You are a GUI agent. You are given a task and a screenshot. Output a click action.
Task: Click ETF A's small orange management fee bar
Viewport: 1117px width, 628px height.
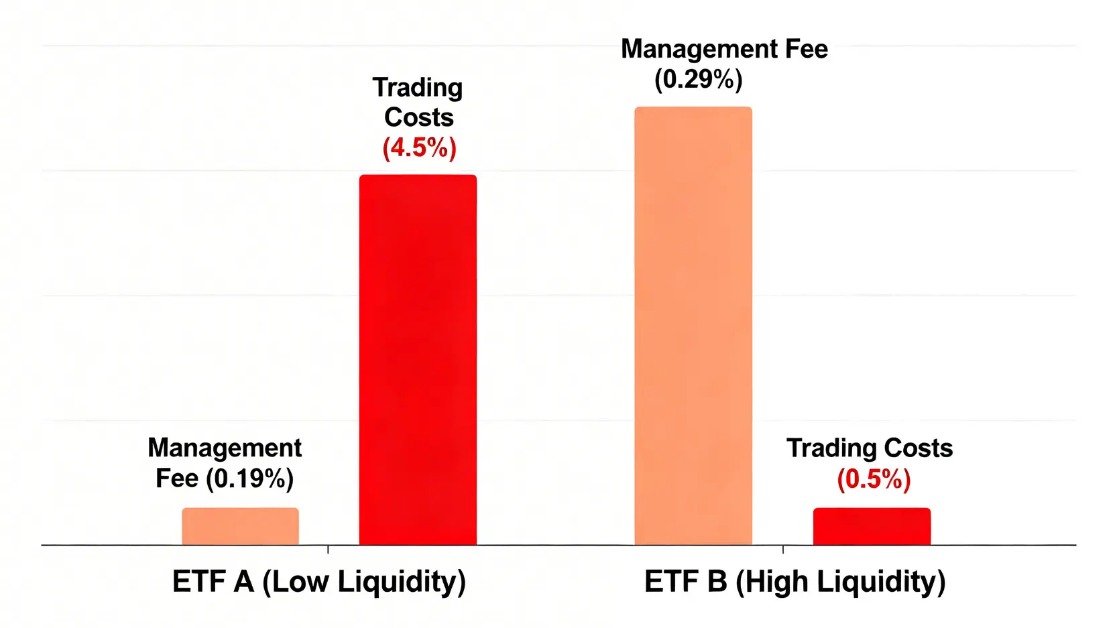pyautogui.click(x=240, y=526)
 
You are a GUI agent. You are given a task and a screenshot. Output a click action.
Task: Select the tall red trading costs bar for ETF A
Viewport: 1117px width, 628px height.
pyautogui.click(x=418, y=360)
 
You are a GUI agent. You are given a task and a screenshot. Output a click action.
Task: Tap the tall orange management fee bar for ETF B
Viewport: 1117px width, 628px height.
pyautogui.click(x=693, y=326)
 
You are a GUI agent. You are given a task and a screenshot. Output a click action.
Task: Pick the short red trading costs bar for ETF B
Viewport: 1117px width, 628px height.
pyautogui.click(x=872, y=526)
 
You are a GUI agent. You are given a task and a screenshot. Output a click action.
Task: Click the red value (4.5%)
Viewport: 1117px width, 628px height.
pyautogui.click(x=420, y=147)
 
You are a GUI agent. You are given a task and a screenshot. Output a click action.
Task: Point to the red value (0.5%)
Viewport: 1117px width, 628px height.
pyautogui.click(x=874, y=479)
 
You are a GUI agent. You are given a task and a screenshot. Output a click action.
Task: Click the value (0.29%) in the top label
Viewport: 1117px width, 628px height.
pyautogui.click(x=699, y=80)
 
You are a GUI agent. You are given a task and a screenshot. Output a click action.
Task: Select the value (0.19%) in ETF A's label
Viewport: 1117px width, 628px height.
pyautogui.click(x=249, y=479)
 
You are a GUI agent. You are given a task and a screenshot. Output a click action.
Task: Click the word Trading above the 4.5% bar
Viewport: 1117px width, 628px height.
pyautogui.click(x=418, y=88)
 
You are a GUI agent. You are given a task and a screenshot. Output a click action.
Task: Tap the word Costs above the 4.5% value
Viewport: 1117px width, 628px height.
pyautogui.click(x=419, y=117)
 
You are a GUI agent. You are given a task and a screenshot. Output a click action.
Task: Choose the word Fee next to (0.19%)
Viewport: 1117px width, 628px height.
pyautogui.click(x=177, y=479)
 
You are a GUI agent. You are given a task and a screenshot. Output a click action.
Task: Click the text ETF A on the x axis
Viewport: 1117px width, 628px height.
pyautogui.click(x=213, y=581)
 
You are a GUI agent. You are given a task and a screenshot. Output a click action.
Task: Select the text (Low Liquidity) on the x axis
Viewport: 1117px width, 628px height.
pyautogui.click(x=363, y=582)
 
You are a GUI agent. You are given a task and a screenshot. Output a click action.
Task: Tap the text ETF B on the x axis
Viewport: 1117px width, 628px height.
pyautogui.click(x=685, y=581)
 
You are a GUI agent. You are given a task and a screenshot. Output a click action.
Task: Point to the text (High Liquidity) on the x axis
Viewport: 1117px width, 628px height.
pyautogui.click(x=840, y=582)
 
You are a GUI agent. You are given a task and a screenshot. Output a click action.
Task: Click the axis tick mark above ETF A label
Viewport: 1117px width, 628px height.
pyautogui.click(x=328, y=549)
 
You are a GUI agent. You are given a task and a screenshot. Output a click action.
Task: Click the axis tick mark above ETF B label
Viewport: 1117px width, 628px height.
pyautogui.click(x=783, y=549)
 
